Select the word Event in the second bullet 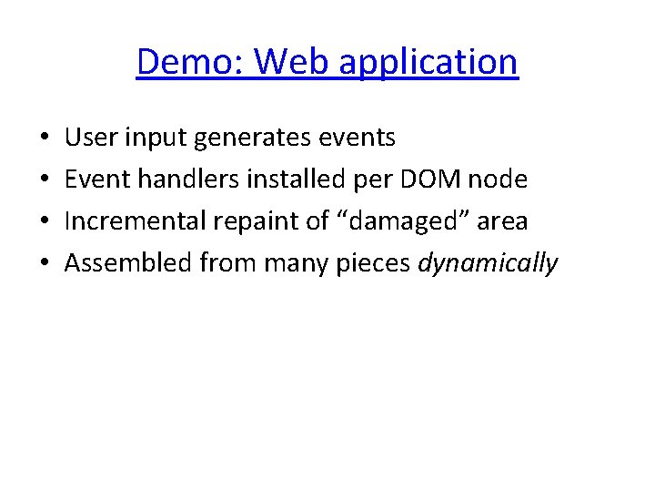96,179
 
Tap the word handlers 189,179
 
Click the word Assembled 128,263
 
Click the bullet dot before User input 45,138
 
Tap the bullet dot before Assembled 45,264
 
